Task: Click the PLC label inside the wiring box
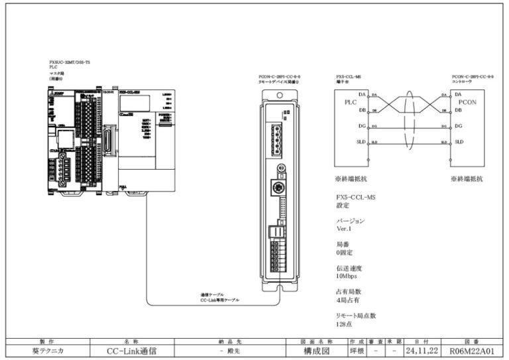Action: (351, 103)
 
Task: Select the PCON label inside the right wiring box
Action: (467, 103)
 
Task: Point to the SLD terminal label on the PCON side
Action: (459, 142)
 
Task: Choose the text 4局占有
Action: (348, 300)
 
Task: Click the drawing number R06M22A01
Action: (473, 349)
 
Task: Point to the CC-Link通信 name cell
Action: (131, 349)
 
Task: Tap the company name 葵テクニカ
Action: (46, 349)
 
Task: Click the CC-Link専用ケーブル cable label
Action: (220, 300)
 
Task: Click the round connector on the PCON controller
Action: (280, 188)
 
